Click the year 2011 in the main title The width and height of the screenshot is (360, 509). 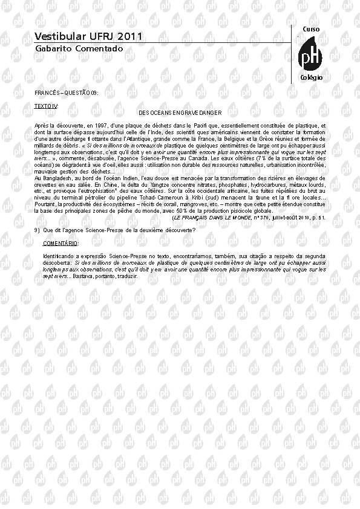click(129, 36)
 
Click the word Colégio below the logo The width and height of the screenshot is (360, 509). click(312, 78)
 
